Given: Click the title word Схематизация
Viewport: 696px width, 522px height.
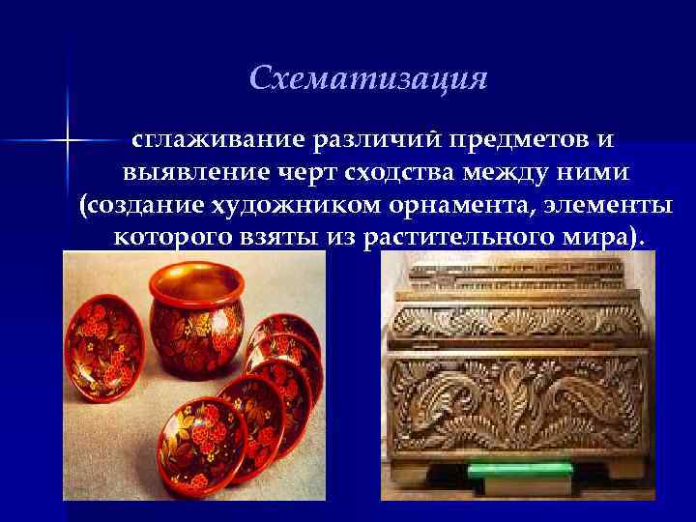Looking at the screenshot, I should click(x=367, y=78).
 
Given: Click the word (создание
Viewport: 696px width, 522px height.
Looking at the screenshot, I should click(x=127, y=205).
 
